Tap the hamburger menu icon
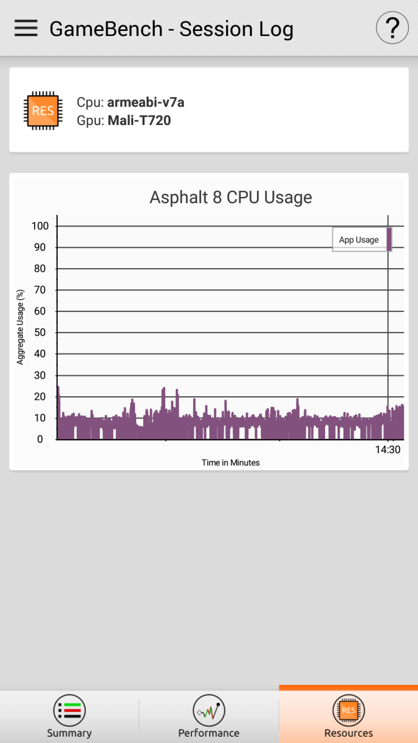click(26, 28)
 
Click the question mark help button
click(392, 28)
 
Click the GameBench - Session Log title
click(171, 29)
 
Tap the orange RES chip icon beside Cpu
click(43, 110)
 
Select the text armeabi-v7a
click(146, 103)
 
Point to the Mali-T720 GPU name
click(139, 120)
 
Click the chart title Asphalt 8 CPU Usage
click(230, 198)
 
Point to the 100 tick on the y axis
click(40, 226)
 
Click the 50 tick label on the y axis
click(40, 332)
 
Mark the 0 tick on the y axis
click(40, 439)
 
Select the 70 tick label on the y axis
click(40, 290)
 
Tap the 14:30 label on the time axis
click(388, 450)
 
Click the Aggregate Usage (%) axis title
click(20, 327)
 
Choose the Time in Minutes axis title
click(230, 463)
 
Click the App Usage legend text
click(359, 240)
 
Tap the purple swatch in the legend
click(389, 239)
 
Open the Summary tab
click(69, 716)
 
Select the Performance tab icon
click(209, 710)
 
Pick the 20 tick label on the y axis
click(40, 397)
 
